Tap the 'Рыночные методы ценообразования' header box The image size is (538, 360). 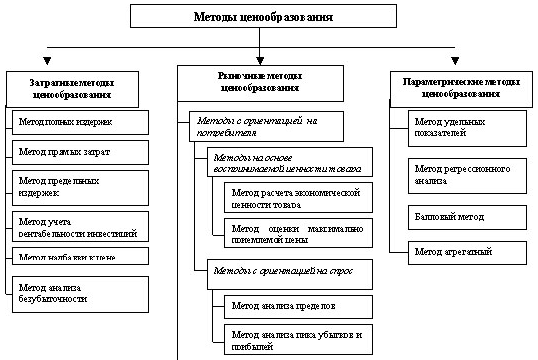click(x=258, y=81)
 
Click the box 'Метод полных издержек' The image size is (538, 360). click(x=80, y=122)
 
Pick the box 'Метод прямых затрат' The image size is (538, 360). click(x=80, y=152)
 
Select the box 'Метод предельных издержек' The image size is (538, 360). click(x=80, y=186)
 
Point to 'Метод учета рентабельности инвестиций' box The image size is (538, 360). click(x=80, y=225)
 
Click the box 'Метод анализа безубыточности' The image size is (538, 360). click(x=80, y=293)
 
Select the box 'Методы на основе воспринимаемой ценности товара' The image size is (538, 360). click(x=283, y=164)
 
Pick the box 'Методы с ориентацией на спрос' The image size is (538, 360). click(x=283, y=271)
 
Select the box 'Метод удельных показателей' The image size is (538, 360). click(x=467, y=127)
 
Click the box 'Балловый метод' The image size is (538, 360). click(x=467, y=216)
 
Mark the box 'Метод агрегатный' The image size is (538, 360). click(x=467, y=250)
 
